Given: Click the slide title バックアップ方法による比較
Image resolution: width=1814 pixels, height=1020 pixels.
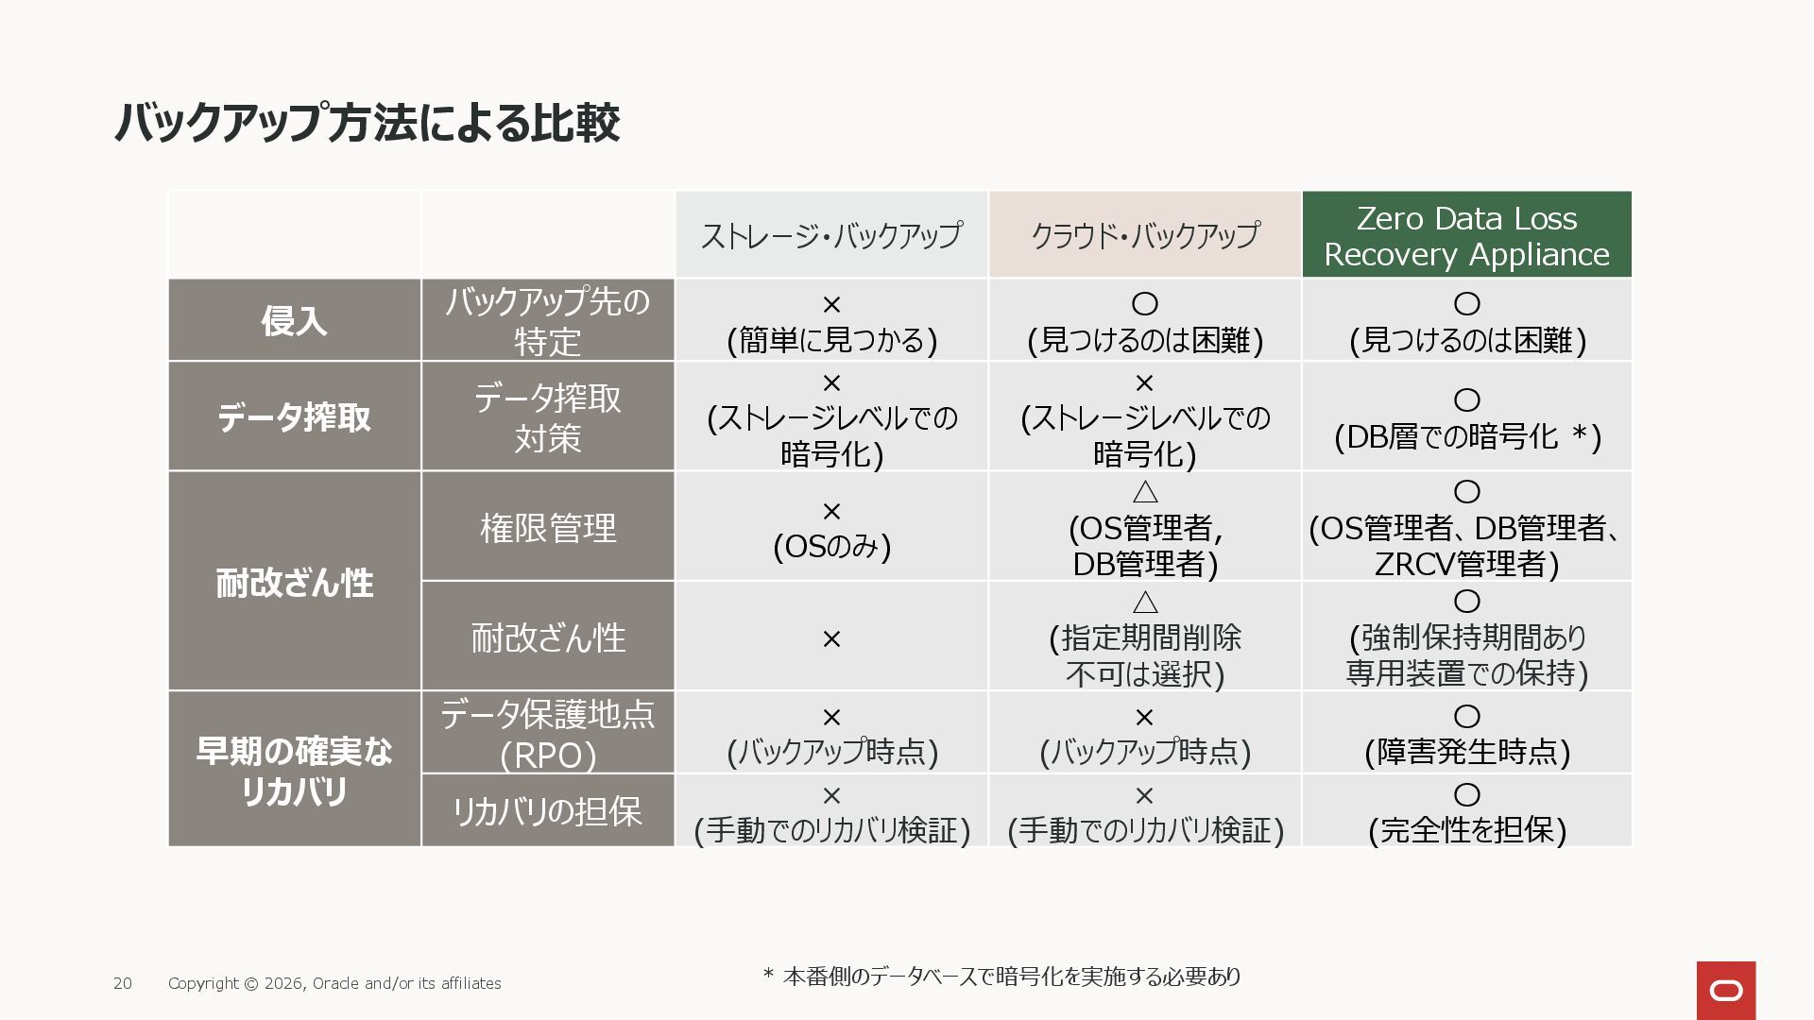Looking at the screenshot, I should point(367,123).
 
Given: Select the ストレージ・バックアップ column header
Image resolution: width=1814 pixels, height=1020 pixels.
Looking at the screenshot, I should point(831,235).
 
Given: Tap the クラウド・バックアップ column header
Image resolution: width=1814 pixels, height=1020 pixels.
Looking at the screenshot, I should point(1144,235).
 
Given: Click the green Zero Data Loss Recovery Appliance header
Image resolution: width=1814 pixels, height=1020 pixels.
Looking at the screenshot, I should point(1466,236).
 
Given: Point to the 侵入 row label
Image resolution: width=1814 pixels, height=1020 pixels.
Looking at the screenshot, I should point(294,321).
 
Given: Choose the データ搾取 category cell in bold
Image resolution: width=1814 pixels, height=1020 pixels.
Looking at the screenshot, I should point(294,416).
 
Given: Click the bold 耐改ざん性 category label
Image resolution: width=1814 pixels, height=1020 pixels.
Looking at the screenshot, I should point(294,583).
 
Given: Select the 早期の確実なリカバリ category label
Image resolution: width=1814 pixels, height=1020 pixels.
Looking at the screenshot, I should point(294,771).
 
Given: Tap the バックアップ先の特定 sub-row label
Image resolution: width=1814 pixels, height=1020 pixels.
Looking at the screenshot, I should point(548,321).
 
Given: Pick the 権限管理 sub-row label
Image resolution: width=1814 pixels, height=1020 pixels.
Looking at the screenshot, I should point(548,527).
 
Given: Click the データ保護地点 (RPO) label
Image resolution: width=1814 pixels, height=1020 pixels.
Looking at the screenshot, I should point(548,734).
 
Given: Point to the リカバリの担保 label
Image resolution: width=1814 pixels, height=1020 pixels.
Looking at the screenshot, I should point(548,811).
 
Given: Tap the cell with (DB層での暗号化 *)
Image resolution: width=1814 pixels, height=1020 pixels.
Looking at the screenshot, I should point(1466,418).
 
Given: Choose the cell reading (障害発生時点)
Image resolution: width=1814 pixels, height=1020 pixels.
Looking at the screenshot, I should point(1466,735).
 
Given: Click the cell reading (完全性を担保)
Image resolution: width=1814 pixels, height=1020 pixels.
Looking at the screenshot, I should point(1466,813).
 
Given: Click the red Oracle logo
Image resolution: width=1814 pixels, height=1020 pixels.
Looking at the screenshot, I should point(1726,991).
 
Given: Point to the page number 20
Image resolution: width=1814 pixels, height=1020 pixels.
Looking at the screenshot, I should point(123,984).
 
